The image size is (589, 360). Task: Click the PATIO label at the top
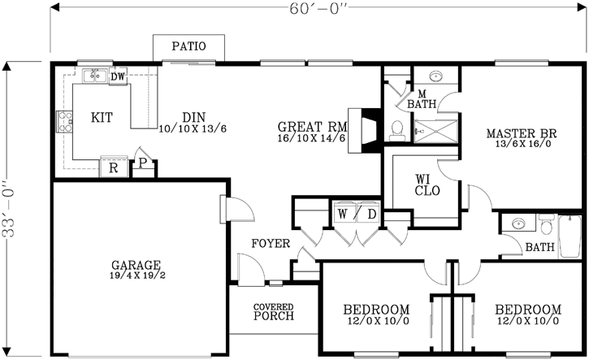click(x=188, y=47)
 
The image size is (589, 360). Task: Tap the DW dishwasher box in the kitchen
click(x=117, y=76)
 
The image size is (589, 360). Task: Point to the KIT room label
click(x=102, y=118)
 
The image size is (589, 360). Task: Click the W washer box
click(x=343, y=215)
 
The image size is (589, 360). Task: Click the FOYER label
click(x=268, y=243)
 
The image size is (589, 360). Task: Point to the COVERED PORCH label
click(x=273, y=311)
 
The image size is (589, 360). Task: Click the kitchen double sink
click(x=97, y=76)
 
